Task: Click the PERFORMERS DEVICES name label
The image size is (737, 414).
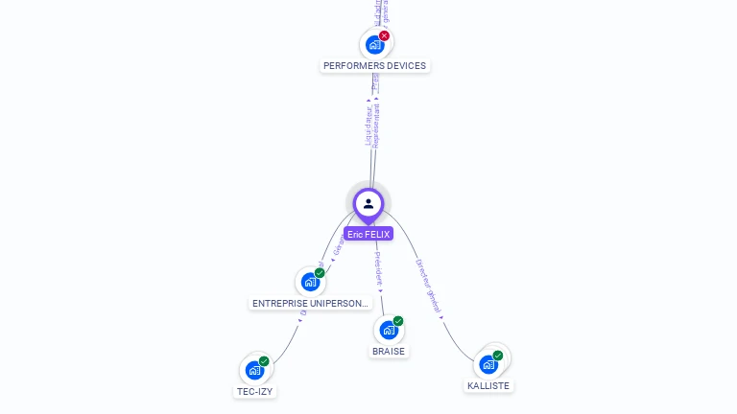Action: (x=374, y=66)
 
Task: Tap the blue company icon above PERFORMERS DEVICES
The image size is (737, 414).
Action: (x=374, y=44)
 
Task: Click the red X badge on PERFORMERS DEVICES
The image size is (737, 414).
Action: (x=384, y=35)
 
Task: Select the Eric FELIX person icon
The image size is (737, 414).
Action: (x=368, y=203)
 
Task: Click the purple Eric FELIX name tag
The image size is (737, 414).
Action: (x=368, y=234)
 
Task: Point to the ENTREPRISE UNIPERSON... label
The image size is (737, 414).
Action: (x=310, y=304)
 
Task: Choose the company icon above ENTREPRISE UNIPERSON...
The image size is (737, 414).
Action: (x=309, y=282)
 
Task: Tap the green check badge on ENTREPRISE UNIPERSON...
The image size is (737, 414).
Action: (x=320, y=273)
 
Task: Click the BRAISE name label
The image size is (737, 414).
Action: (x=389, y=352)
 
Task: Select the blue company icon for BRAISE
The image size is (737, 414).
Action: (x=388, y=330)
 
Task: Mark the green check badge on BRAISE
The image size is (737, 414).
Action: (x=398, y=321)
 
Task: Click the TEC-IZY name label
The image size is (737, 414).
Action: (x=254, y=392)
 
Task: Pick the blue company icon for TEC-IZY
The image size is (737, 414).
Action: (x=254, y=370)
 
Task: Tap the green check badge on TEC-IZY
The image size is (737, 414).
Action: (x=264, y=361)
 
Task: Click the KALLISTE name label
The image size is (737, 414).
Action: (x=488, y=385)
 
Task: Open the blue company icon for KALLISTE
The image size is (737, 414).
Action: (x=487, y=364)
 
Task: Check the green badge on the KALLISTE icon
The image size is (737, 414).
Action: (x=498, y=356)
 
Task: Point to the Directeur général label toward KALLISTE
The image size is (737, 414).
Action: (x=428, y=286)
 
